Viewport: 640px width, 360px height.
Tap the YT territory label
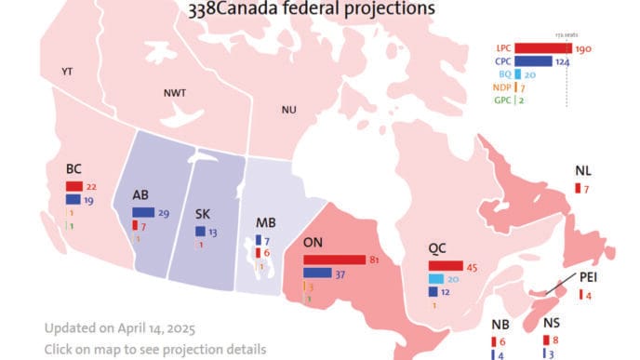(x=67, y=71)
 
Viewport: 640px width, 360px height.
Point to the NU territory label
(x=288, y=110)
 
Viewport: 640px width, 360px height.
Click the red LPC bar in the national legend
(x=543, y=48)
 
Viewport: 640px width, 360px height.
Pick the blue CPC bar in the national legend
(x=533, y=61)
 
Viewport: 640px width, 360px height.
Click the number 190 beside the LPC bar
(x=584, y=48)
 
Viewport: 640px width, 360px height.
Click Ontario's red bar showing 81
(x=334, y=260)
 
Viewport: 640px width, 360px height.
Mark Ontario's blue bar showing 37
(x=318, y=273)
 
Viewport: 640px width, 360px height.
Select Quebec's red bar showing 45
(x=445, y=266)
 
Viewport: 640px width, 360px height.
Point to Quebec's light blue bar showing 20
(x=435, y=279)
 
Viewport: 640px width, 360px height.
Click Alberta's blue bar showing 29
(x=143, y=213)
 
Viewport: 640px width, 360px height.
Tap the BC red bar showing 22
(x=74, y=186)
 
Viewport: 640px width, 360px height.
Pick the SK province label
(x=203, y=214)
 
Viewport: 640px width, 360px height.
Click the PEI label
(x=589, y=277)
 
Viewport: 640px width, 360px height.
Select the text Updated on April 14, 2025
(x=119, y=328)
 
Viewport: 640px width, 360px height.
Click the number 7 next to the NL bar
(x=587, y=189)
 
